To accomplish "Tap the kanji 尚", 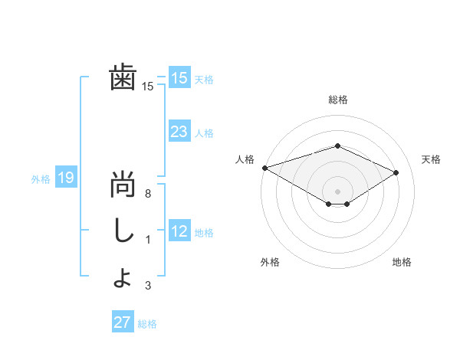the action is [x=123, y=186].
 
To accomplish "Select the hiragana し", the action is [x=123, y=231].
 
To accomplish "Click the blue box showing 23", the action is [x=179, y=132].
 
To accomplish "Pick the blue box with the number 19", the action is [x=65, y=178].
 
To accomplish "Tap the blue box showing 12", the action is [x=179, y=231].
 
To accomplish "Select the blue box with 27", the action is [x=122, y=322].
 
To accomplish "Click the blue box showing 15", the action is [x=179, y=77].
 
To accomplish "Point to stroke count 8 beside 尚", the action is [x=148, y=195].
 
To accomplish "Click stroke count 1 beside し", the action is [x=148, y=240].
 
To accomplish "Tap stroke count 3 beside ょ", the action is [x=148, y=286].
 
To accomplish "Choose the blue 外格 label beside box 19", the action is [x=41, y=179].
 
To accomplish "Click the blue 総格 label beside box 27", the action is [x=147, y=323].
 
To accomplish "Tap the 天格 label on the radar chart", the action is [x=431, y=159].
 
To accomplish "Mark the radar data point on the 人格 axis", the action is [x=264, y=168].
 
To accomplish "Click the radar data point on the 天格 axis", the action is [x=396, y=172].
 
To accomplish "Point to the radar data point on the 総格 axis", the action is [x=337, y=146].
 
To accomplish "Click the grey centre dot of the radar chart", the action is [x=337, y=190].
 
